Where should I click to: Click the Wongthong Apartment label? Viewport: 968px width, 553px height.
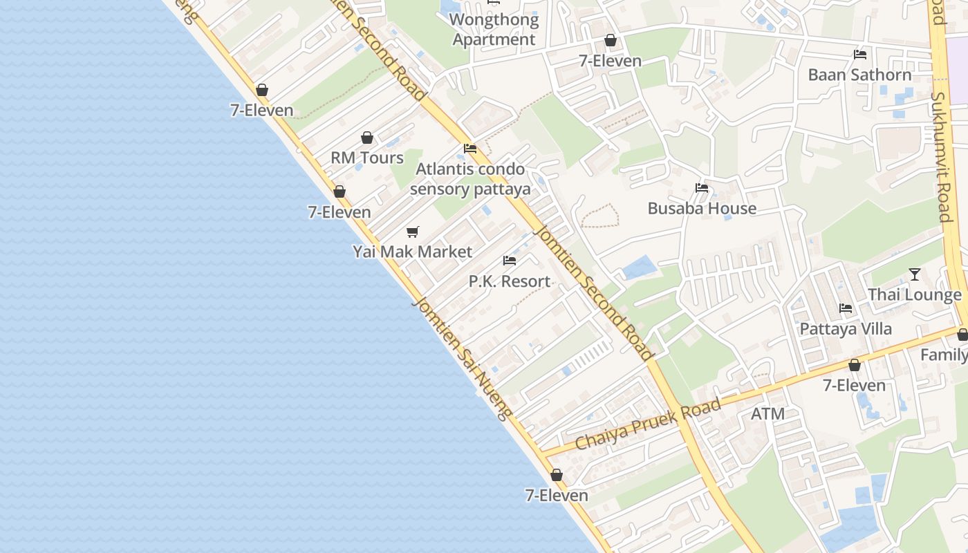[494, 30]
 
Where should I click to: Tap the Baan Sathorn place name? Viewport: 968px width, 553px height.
[859, 75]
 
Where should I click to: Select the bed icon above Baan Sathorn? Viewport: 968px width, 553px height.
[860, 54]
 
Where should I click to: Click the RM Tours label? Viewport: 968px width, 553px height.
[366, 158]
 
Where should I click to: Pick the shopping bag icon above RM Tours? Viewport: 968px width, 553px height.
[367, 138]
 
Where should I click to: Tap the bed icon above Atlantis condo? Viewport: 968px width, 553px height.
[470, 149]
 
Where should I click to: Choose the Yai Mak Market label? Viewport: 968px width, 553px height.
[413, 252]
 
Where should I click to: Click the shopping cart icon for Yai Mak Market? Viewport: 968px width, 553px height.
[413, 232]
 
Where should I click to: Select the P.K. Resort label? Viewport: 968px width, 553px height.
[510, 281]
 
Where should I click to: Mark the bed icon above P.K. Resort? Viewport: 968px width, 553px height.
[510, 261]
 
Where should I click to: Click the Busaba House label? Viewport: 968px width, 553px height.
[702, 208]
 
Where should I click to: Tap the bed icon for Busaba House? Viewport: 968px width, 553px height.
[702, 187]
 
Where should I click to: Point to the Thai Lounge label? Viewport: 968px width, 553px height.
[914, 295]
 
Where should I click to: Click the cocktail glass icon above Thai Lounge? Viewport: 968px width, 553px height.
[915, 274]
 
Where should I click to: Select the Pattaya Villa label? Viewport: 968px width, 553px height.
[846, 328]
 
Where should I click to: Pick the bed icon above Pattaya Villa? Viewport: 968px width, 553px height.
[846, 308]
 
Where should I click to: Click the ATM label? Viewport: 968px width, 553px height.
[767, 414]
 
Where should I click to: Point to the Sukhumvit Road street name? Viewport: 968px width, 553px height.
[941, 158]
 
